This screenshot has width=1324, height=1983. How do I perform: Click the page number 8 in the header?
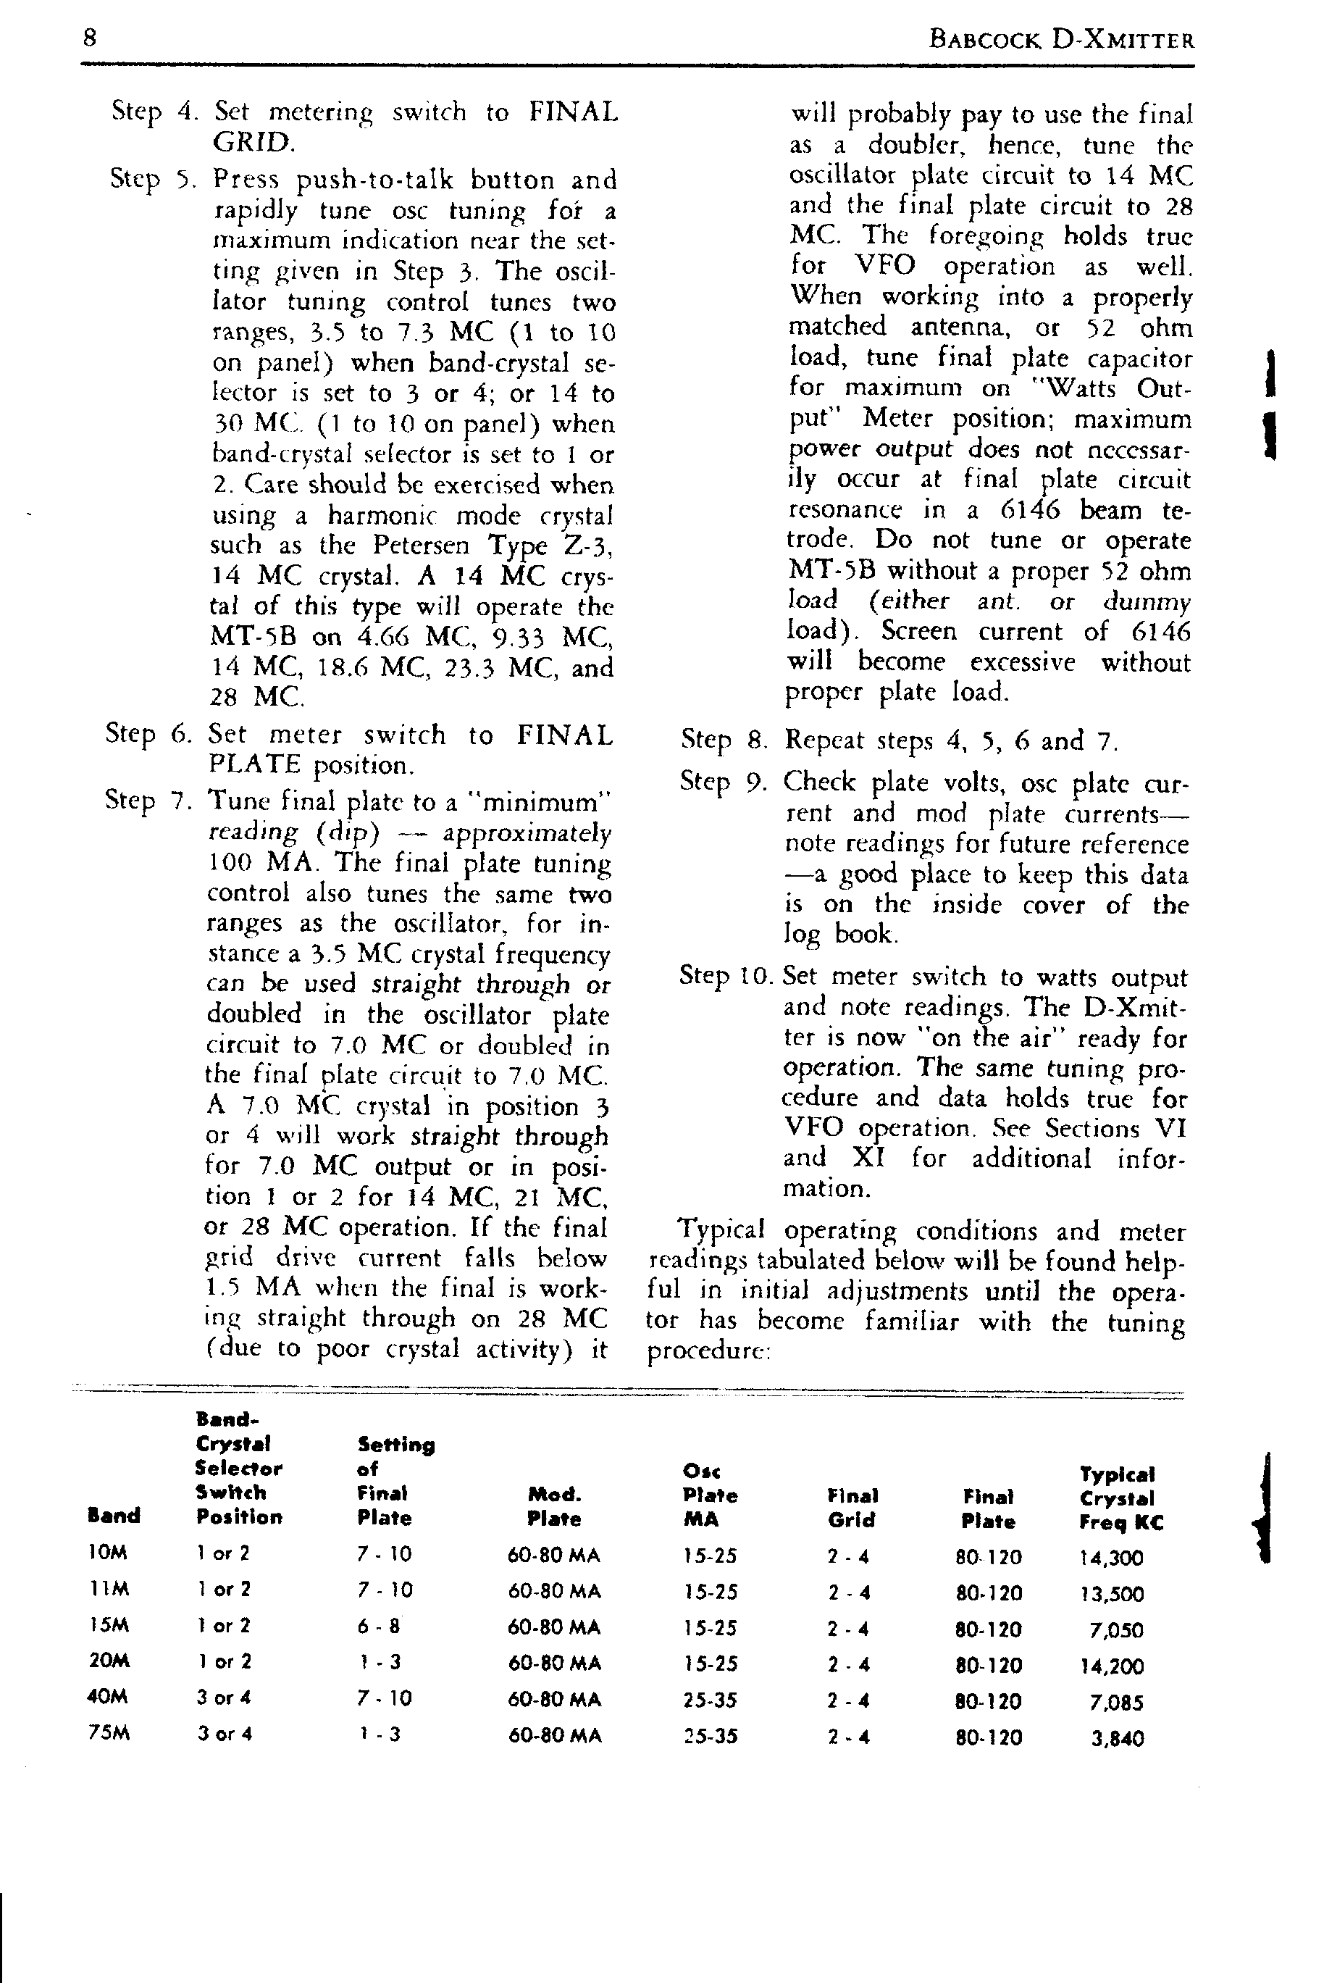[90, 38]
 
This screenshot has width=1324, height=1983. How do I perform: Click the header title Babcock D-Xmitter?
[1060, 40]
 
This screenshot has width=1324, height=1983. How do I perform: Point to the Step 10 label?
[727, 977]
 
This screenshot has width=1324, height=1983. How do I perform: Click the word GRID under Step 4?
[254, 142]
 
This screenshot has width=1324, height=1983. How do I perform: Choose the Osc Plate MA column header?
[709, 1495]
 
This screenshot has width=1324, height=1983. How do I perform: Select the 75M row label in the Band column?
[109, 1734]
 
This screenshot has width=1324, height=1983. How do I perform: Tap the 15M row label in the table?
[109, 1626]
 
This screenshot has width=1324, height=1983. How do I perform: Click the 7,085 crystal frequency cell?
[1116, 1702]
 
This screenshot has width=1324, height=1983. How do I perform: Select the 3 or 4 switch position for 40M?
[224, 1698]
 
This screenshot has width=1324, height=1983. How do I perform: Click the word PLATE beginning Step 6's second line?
[254, 765]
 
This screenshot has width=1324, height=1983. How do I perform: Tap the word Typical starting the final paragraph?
[722, 1230]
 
